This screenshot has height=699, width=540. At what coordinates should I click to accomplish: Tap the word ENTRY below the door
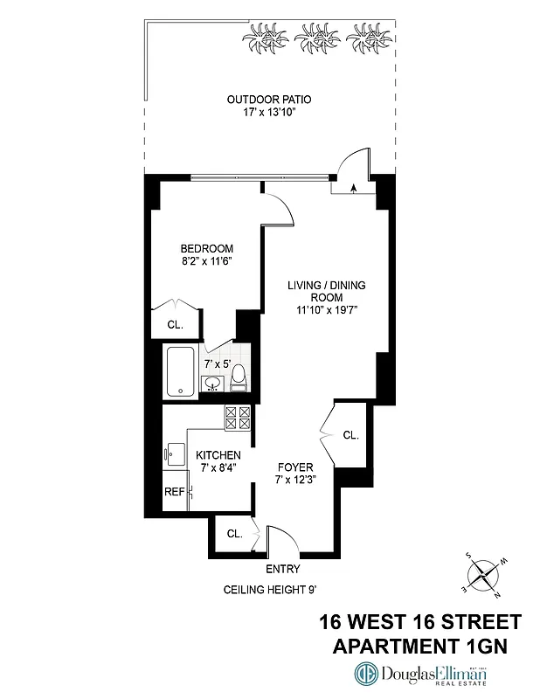(269, 568)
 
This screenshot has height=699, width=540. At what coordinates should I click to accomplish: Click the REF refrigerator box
(175, 491)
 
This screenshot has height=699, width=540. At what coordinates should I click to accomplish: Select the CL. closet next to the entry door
(234, 533)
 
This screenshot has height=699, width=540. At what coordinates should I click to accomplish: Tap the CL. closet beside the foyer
(350, 434)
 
